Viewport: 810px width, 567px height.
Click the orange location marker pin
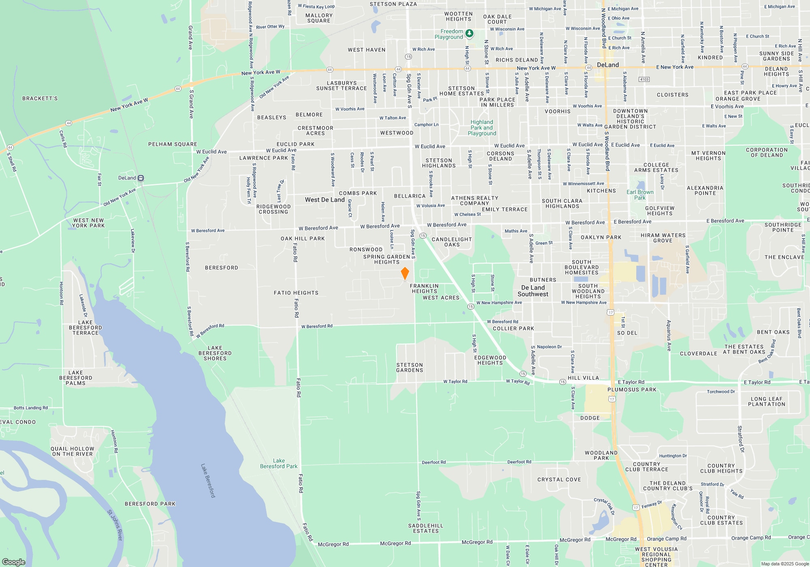pyautogui.click(x=405, y=273)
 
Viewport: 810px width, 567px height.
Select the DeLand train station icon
pyautogui.click(x=141, y=178)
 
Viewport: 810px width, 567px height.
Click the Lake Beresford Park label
pyautogui.click(x=279, y=464)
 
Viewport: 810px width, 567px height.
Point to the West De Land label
pyautogui.click(x=324, y=200)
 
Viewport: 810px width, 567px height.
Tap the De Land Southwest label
pyautogui.click(x=533, y=291)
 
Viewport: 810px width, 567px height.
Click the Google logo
pyautogui.click(x=13, y=562)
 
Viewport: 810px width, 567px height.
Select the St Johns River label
pyautogui.click(x=115, y=525)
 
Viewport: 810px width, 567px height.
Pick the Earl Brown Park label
pyautogui.click(x=640, y=195)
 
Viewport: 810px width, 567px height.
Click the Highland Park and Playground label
pyautogui.click(x=482, y=128)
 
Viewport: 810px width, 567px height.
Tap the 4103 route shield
pyautogui.click(x=644, y=79)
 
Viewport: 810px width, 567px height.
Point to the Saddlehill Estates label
pyautogui.click(x=426, y=528)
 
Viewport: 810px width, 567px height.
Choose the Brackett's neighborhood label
pyautogui.click(x=40, y=98)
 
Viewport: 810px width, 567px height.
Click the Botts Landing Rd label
pyautogui.click(x=30, y=408)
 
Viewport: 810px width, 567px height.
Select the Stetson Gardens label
pyautogui.click(x=409, y=367)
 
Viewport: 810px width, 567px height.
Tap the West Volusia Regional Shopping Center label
pyautogui.click(x=656, y=557)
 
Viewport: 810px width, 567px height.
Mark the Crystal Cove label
pyautogui.click(x=559, y=480)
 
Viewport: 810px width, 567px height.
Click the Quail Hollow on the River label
pyautogui.click(x=72, y=451)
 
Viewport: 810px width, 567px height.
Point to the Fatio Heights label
pyautogui.click(x=296, y=293)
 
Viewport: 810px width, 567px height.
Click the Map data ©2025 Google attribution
pyautogui.click(x=784, y=564)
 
